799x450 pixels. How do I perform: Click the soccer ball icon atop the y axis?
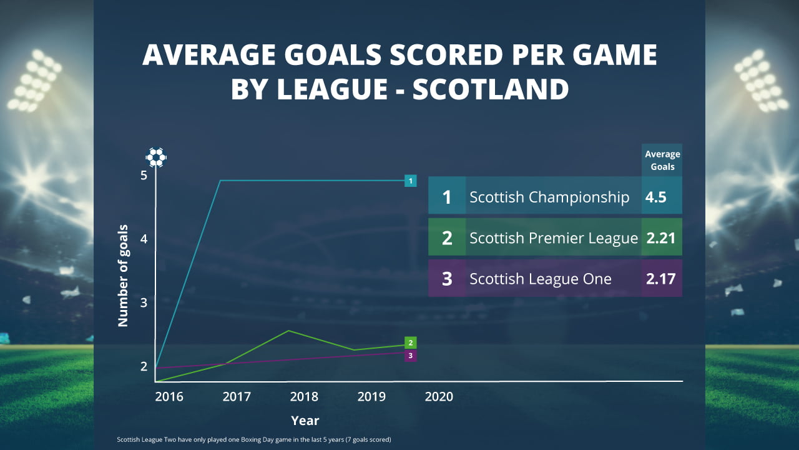156,157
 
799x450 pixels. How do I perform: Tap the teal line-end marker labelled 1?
410,181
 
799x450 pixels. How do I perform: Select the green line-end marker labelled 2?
410,342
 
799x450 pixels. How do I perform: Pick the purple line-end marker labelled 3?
410,356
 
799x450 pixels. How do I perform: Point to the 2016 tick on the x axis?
169,397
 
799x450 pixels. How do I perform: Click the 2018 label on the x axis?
304,397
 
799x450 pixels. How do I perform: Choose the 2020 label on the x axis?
439,397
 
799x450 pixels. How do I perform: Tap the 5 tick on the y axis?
144,175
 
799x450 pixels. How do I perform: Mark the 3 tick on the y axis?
144,302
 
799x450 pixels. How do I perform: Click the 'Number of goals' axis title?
123,275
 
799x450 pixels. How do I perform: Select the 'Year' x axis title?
305,421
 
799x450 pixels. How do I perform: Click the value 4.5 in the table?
656,197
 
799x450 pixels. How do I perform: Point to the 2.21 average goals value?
660,238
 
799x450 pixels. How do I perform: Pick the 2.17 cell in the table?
660,279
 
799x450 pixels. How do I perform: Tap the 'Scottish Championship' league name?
549,197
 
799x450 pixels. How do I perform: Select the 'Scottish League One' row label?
541,279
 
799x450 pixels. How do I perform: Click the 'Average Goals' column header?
662,161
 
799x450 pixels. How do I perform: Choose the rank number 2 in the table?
447,238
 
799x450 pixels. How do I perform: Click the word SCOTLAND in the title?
491,89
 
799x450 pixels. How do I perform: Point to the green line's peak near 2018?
288,331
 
